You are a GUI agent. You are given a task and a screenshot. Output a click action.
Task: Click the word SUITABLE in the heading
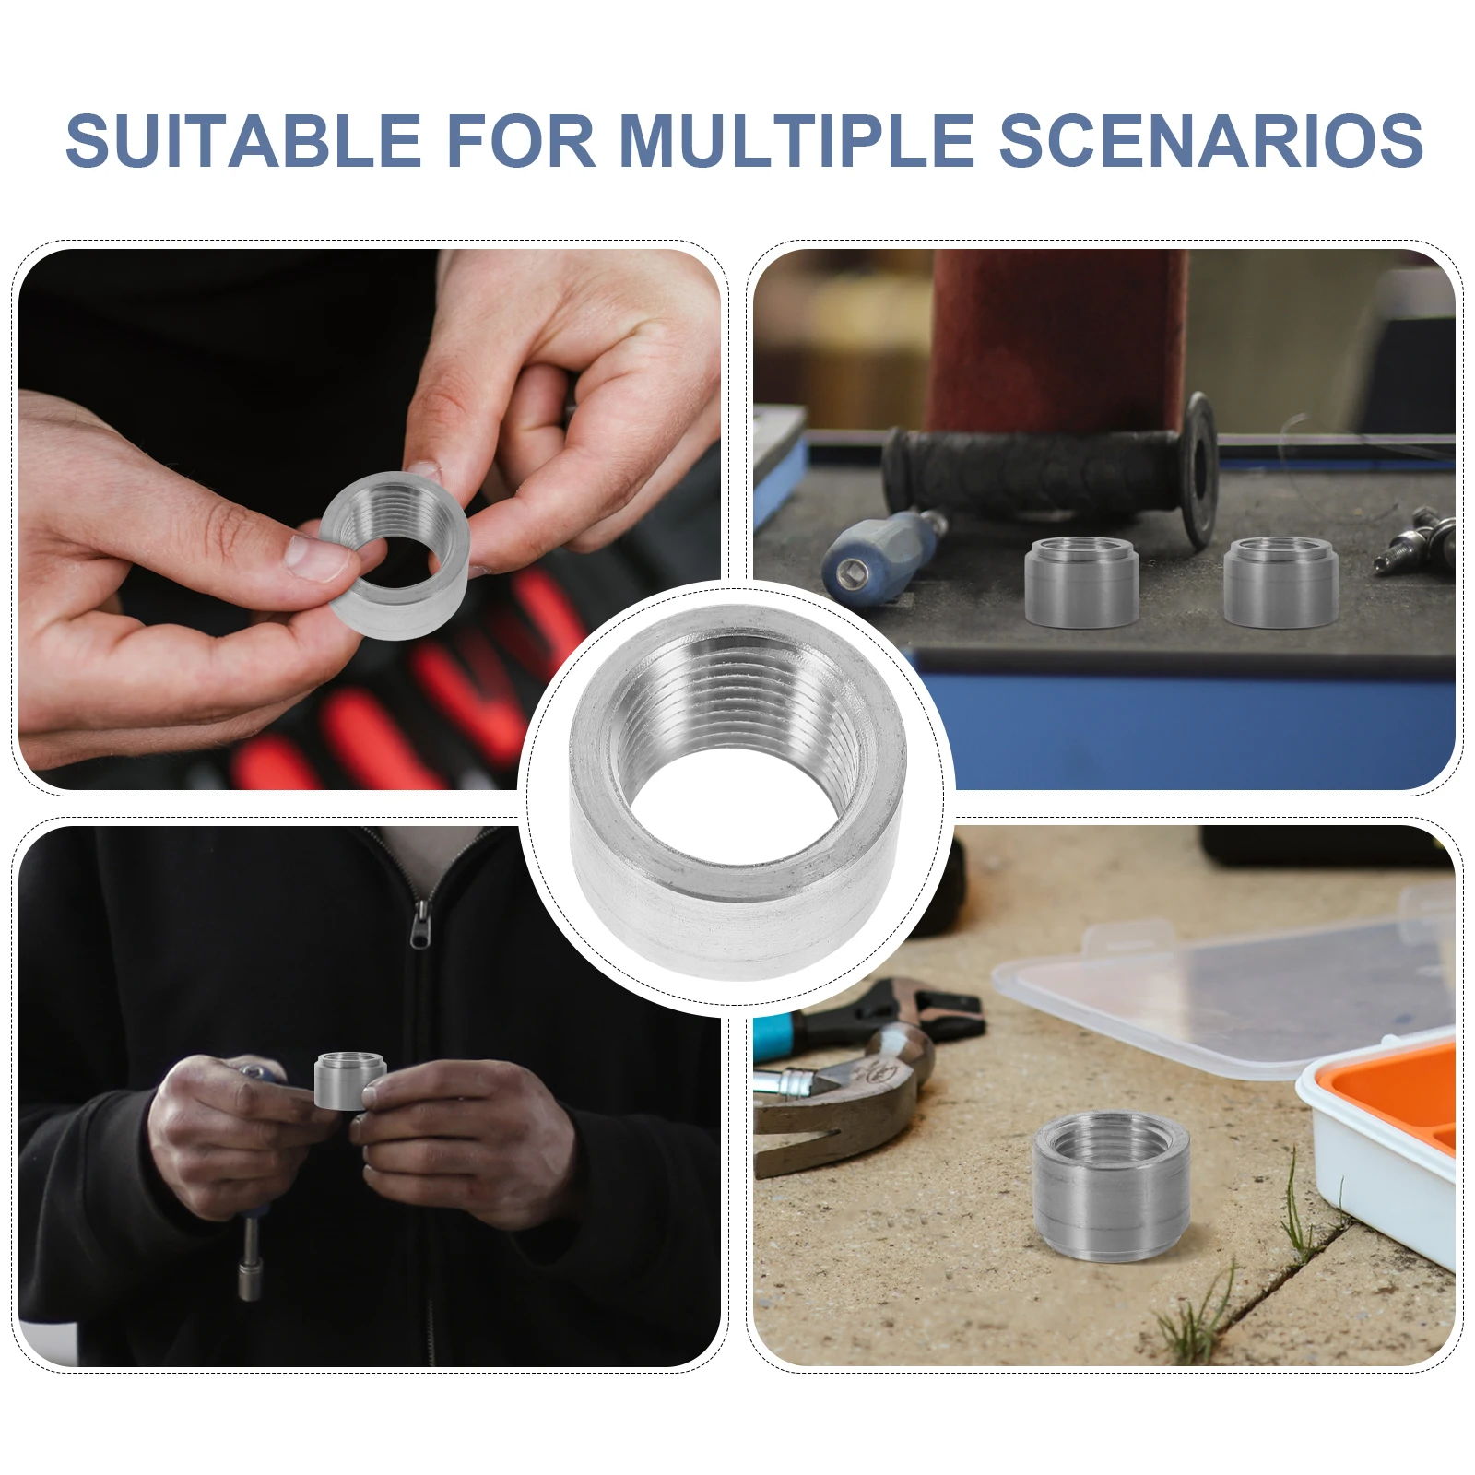(x=244, y=140)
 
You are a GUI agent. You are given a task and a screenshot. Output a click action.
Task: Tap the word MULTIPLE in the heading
(x=797, y=140)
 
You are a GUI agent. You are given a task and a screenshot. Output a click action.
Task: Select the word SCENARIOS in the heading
(x=1211, y=140)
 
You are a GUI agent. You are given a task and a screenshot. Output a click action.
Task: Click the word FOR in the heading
(x=521, y=140)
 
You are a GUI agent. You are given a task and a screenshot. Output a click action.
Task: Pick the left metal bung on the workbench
(x=1081, y=583)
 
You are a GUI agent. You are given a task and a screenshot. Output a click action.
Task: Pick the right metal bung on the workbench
(x=1280, y=583)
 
